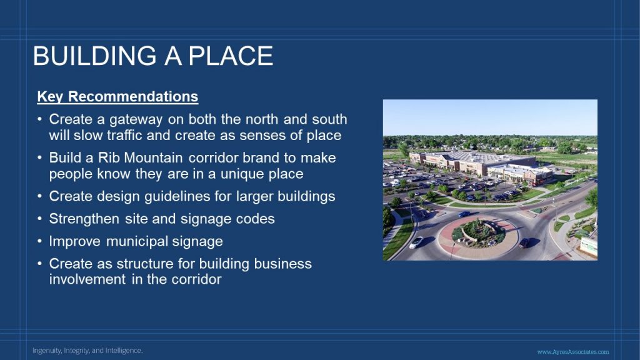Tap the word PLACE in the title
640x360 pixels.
231,56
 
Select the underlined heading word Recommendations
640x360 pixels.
133,97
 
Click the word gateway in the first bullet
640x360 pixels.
136,120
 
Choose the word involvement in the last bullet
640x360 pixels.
87,279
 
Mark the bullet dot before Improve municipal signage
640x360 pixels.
39,241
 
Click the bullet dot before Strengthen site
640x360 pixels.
39,219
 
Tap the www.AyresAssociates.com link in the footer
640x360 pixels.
573,352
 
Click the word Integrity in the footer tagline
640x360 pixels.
76,351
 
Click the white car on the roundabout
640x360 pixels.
416,242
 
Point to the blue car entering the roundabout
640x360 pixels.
464,214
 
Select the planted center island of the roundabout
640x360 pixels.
478,234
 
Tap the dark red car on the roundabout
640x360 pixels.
524,243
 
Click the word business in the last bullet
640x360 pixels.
283,264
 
